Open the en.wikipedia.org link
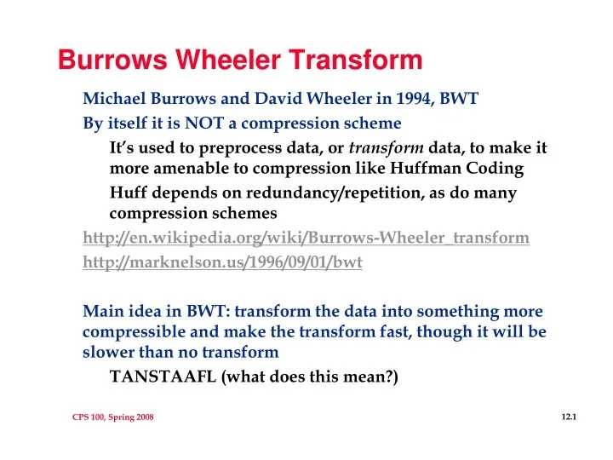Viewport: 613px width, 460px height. [x=306, y=238]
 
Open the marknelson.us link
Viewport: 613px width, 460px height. [x=222, y=262]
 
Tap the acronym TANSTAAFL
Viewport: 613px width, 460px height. [x=163, y=376]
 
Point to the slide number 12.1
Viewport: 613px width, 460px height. [x=570, y=416]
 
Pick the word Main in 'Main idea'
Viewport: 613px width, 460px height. [x=101, y=312]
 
